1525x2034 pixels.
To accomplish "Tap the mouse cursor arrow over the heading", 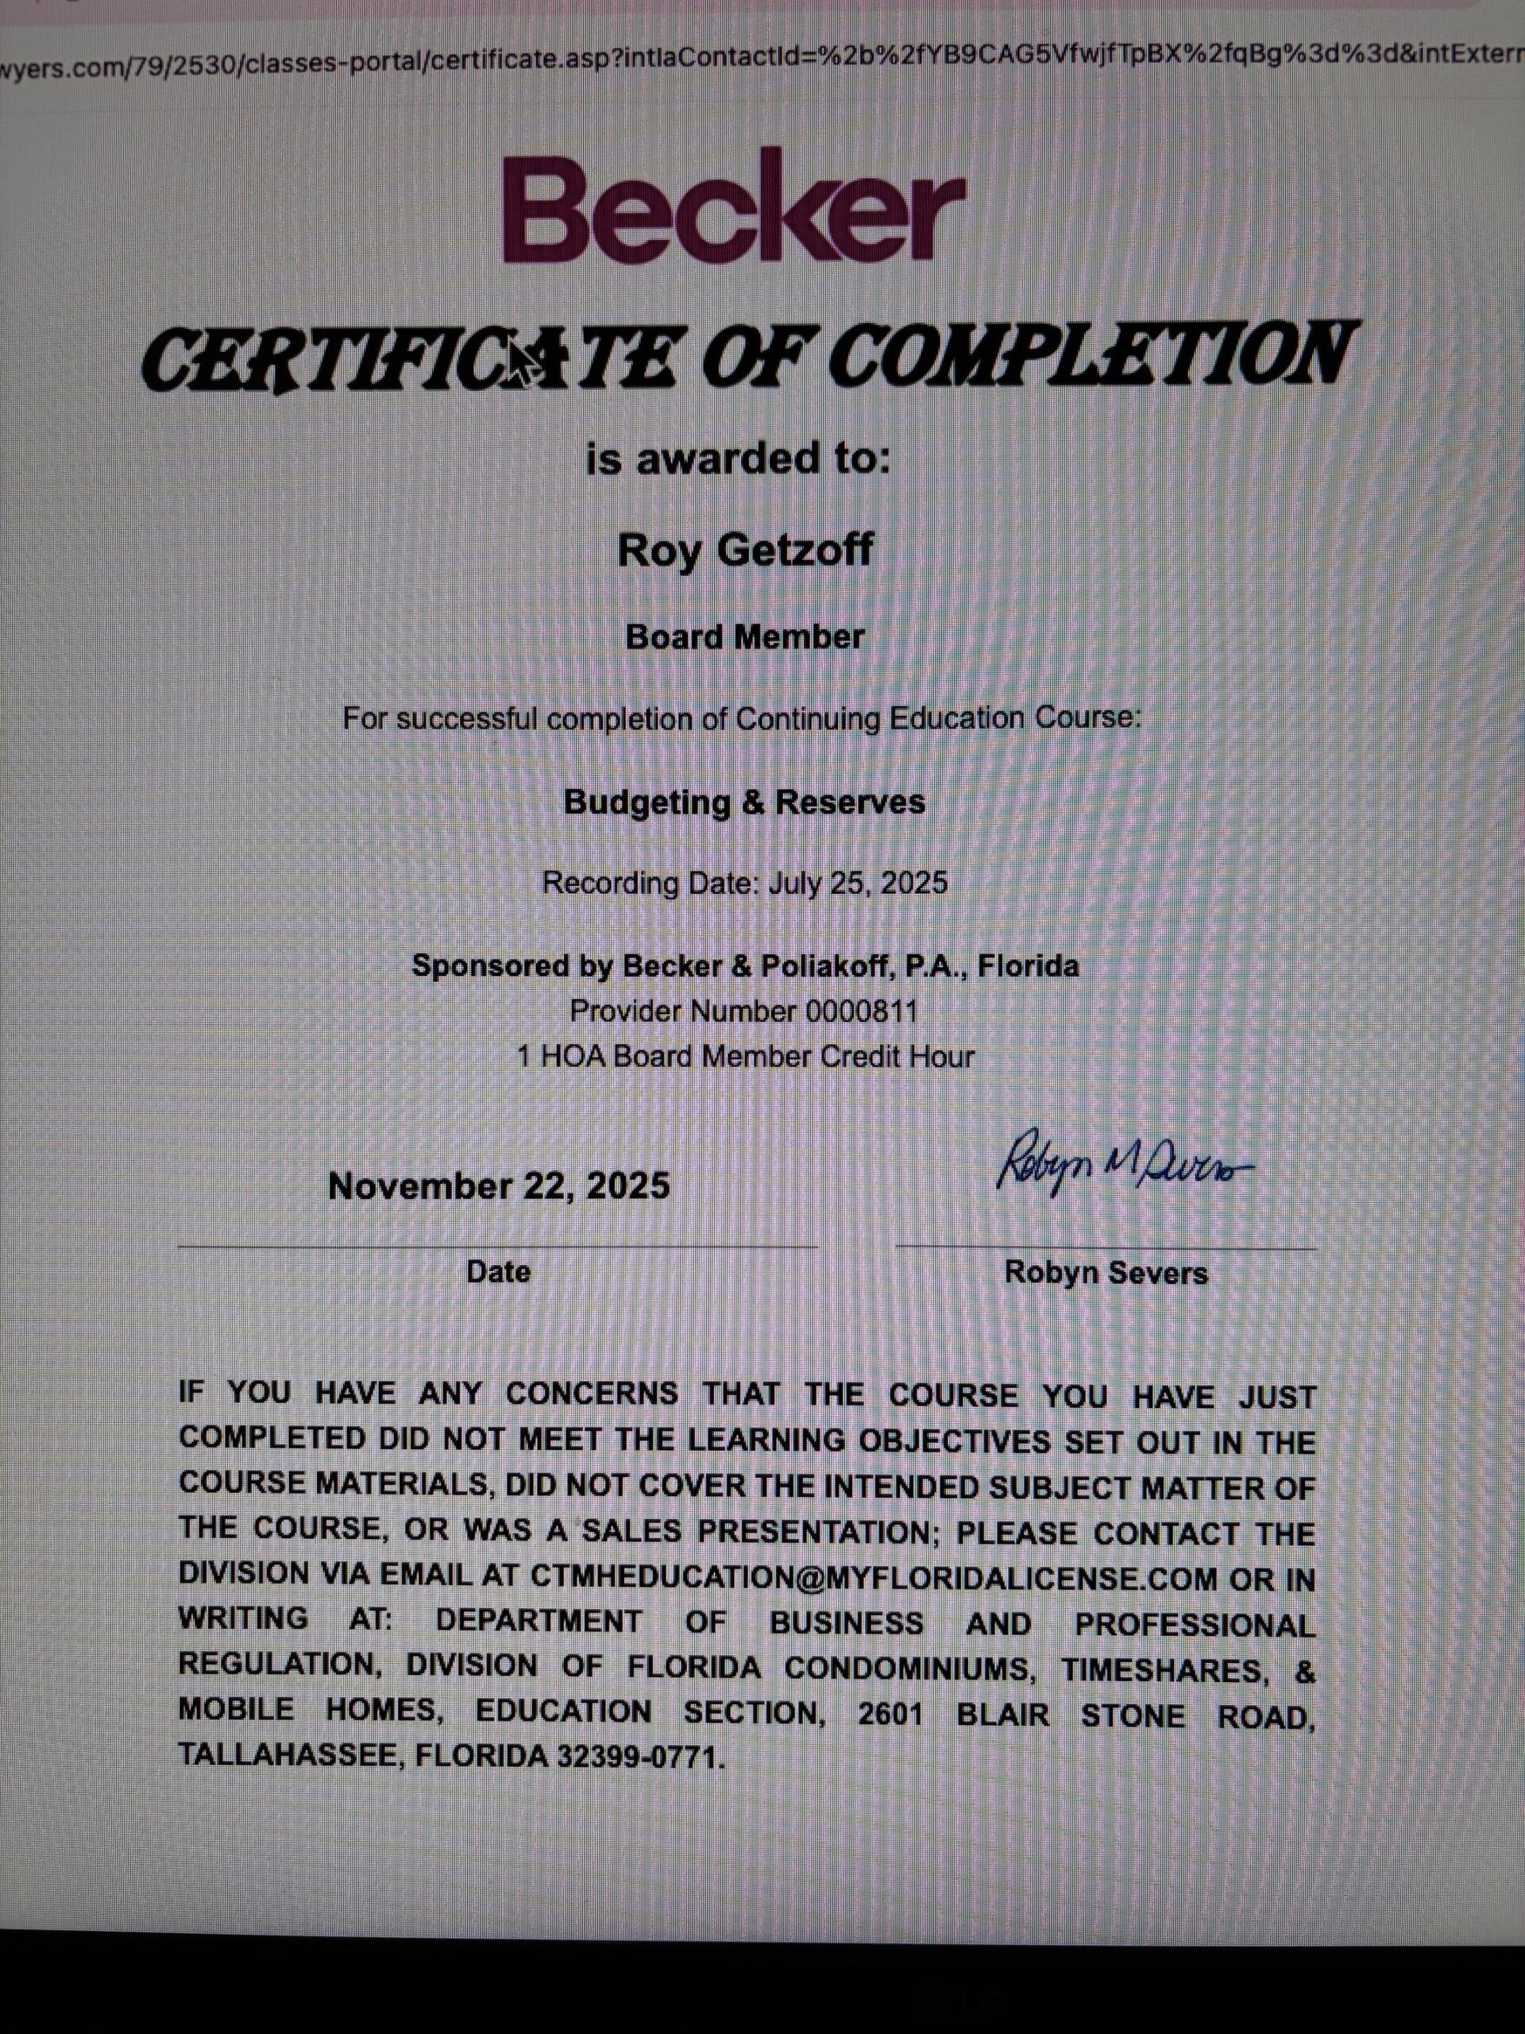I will point(523,362).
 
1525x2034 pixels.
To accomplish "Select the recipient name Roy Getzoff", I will point(744,550).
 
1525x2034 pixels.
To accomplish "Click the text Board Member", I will point(744,636).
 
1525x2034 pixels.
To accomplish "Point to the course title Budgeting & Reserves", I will point(744,802).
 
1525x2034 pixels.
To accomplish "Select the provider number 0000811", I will point(861,1011).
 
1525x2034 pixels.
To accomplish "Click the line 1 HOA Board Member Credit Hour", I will point(744,1057).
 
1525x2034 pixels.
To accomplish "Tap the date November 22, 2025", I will point(498,1185).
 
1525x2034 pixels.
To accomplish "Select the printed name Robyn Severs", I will point(1106,1273).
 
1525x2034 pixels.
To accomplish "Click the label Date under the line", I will point(498,1272).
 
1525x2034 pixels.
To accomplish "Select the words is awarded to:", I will point(738,457).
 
